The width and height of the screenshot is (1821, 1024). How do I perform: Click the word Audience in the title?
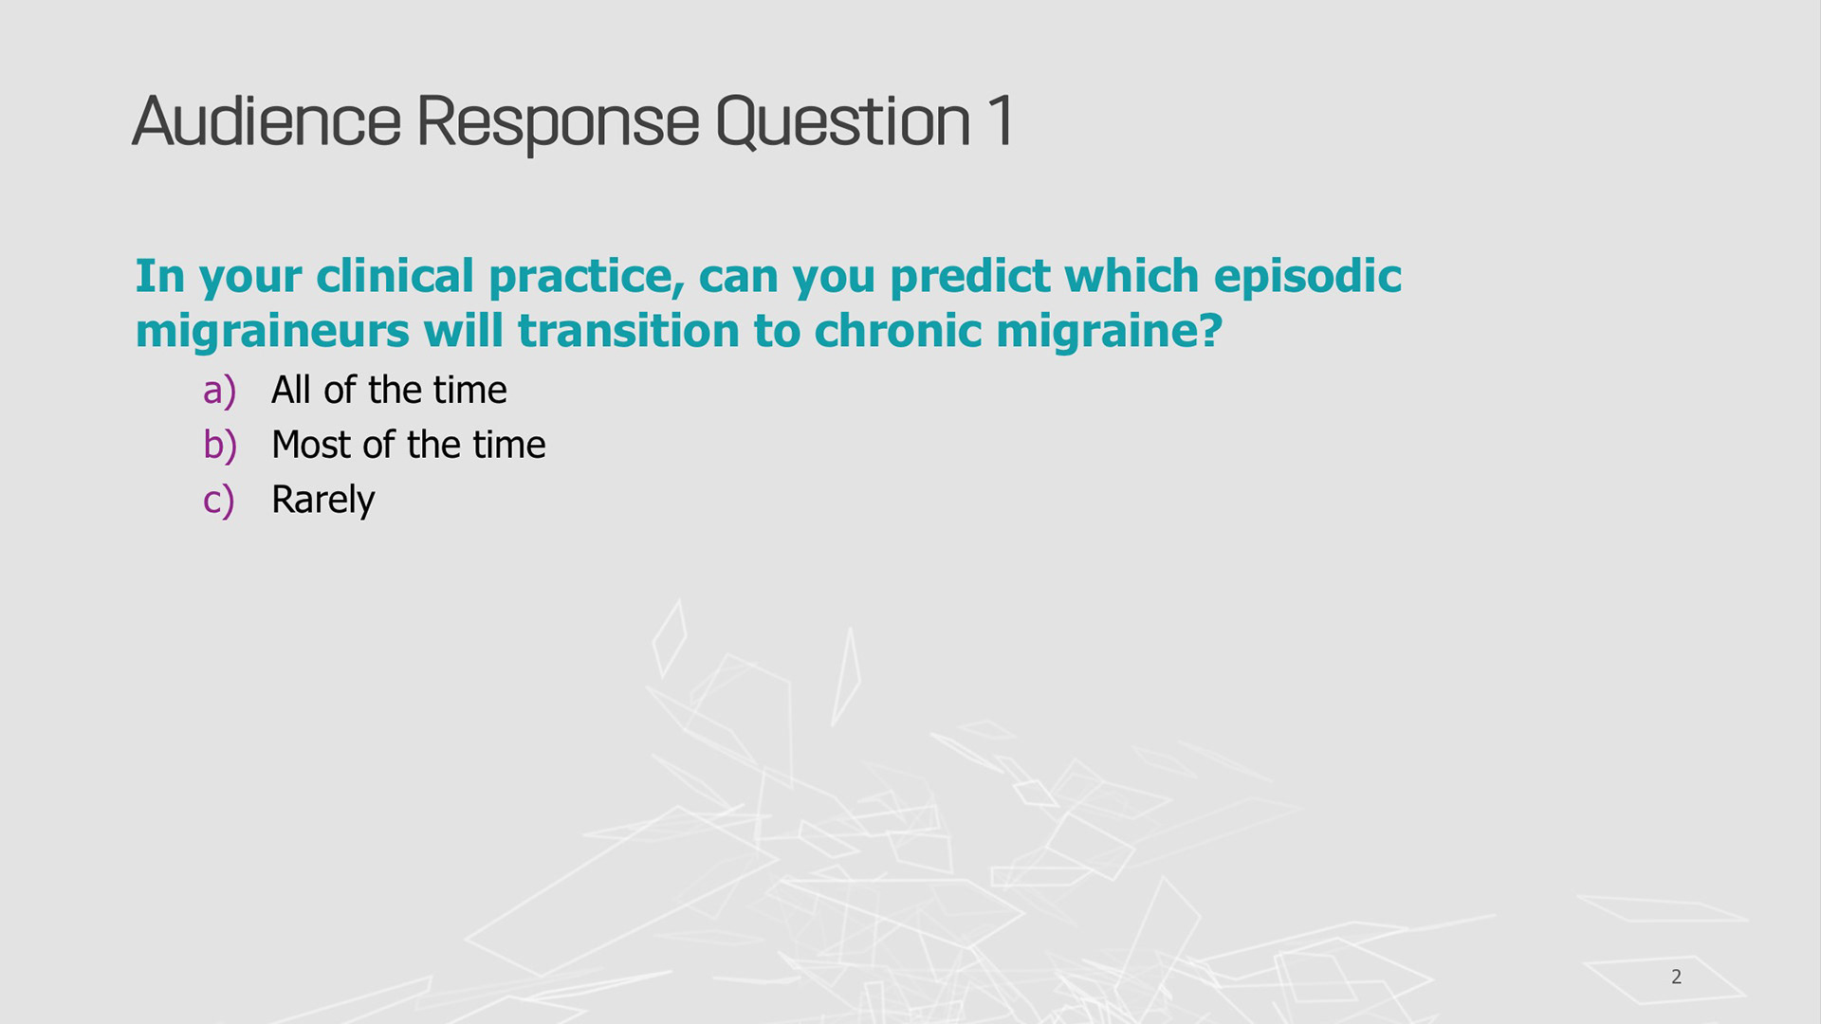267,121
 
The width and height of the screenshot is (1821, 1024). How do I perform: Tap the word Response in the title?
558,124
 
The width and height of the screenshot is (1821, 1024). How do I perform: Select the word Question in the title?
843,123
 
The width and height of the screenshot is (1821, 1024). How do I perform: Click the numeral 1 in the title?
1001,120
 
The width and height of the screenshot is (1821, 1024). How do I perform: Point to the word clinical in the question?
395,276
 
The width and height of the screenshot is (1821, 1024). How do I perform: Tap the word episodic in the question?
1308,276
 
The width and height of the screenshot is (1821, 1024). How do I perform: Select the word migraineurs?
272,332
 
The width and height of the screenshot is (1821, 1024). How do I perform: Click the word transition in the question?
629,331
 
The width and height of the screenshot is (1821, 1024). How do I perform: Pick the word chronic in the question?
898,331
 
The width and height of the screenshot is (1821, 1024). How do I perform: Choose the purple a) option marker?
219,392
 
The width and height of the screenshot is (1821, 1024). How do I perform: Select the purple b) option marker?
220,446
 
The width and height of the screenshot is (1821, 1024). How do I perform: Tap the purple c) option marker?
218,501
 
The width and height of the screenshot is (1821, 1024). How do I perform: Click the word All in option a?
291,390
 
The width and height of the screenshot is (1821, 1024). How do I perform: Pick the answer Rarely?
323,501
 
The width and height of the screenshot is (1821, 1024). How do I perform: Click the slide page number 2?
1677,977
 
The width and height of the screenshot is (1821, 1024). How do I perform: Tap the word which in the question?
1132,276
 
